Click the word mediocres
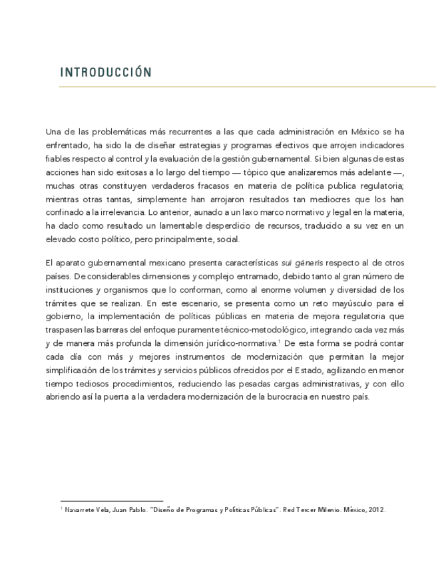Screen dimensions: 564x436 343,199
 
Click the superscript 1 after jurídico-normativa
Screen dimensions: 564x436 280,341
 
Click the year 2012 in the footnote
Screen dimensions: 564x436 377,509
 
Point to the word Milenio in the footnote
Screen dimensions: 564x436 323,509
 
